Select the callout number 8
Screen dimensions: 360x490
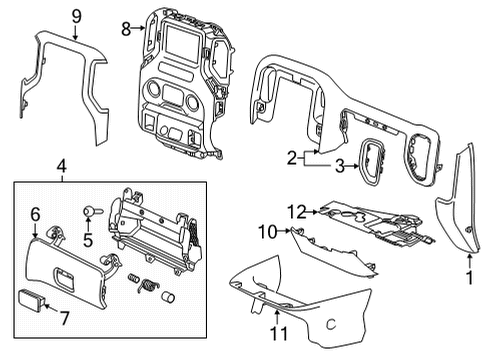tap(126, 30)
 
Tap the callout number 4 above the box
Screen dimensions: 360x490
tap(63, 166)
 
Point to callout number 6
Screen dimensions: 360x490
tap(35, 215)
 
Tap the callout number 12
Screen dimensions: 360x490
tap(294, 210)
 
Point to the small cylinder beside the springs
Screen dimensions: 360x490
tap(168, 299)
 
